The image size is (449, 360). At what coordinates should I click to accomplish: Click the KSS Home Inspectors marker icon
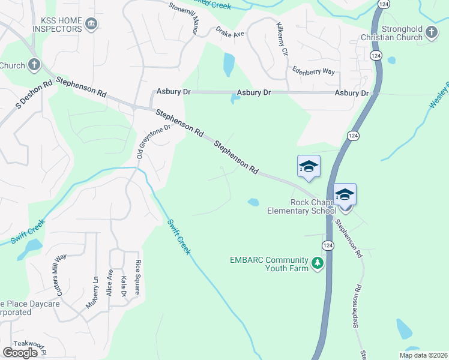(x=91, y=24)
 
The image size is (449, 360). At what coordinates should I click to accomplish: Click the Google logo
(x=20, y=353)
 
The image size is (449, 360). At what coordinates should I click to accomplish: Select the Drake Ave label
(x=231, y=35)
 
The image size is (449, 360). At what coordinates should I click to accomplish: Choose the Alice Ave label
(x=110, y=281)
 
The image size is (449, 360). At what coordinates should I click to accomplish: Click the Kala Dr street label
(x=124, y=285)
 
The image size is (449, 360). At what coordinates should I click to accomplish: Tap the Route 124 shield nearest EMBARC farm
(x=327, y=246)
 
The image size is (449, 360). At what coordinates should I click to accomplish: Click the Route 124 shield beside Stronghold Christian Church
(x=376, y=56)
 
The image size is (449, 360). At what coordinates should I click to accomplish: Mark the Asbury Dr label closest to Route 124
(x=351, y=93)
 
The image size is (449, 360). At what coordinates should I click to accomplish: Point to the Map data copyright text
(x=423, y=355)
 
